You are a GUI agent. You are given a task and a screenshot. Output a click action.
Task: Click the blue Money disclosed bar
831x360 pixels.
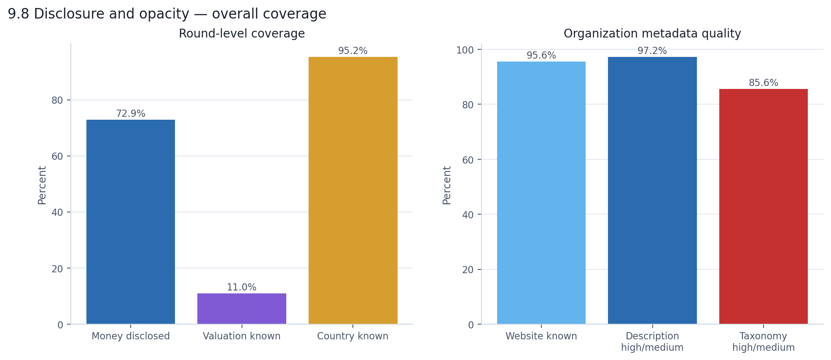(130, 222)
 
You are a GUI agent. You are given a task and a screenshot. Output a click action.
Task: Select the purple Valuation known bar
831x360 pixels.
(242, 309)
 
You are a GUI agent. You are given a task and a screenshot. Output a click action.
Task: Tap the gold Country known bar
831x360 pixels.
(353, 191)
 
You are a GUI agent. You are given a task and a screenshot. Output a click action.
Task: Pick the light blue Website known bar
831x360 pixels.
(541, 193)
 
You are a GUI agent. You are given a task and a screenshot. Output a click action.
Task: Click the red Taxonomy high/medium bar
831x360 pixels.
(763, 207)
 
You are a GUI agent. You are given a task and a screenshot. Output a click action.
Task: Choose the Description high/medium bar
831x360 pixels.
(652, 191)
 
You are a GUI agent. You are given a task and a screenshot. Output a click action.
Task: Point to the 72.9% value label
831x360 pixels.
(130, 114)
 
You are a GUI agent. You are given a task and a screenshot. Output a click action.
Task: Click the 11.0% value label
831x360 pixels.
(242, 287)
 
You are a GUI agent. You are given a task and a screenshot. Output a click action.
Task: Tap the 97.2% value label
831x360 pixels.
(652, 51)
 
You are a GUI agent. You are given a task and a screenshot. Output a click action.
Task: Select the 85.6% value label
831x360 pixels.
(763, 83)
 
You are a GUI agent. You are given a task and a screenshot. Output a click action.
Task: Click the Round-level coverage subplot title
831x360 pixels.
(242, 34)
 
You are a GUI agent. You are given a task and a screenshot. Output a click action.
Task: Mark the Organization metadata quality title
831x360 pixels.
(652, 34)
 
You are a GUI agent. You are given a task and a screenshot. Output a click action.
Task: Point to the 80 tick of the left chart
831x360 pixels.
(57, 100)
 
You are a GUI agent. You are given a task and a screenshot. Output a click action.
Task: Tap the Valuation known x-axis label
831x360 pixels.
(242, 336)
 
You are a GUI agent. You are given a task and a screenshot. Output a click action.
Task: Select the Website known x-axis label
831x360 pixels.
(541, 336)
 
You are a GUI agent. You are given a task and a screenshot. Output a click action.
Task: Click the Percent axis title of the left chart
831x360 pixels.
(42, 185)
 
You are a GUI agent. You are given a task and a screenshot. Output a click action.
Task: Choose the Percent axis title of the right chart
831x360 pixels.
(447, 185)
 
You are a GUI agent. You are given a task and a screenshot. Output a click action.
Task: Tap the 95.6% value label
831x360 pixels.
(541, 56)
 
